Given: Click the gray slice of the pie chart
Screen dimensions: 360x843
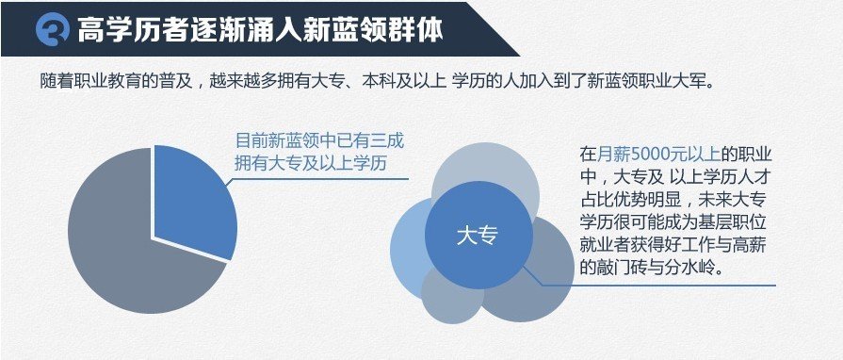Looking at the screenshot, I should point(122,254).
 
